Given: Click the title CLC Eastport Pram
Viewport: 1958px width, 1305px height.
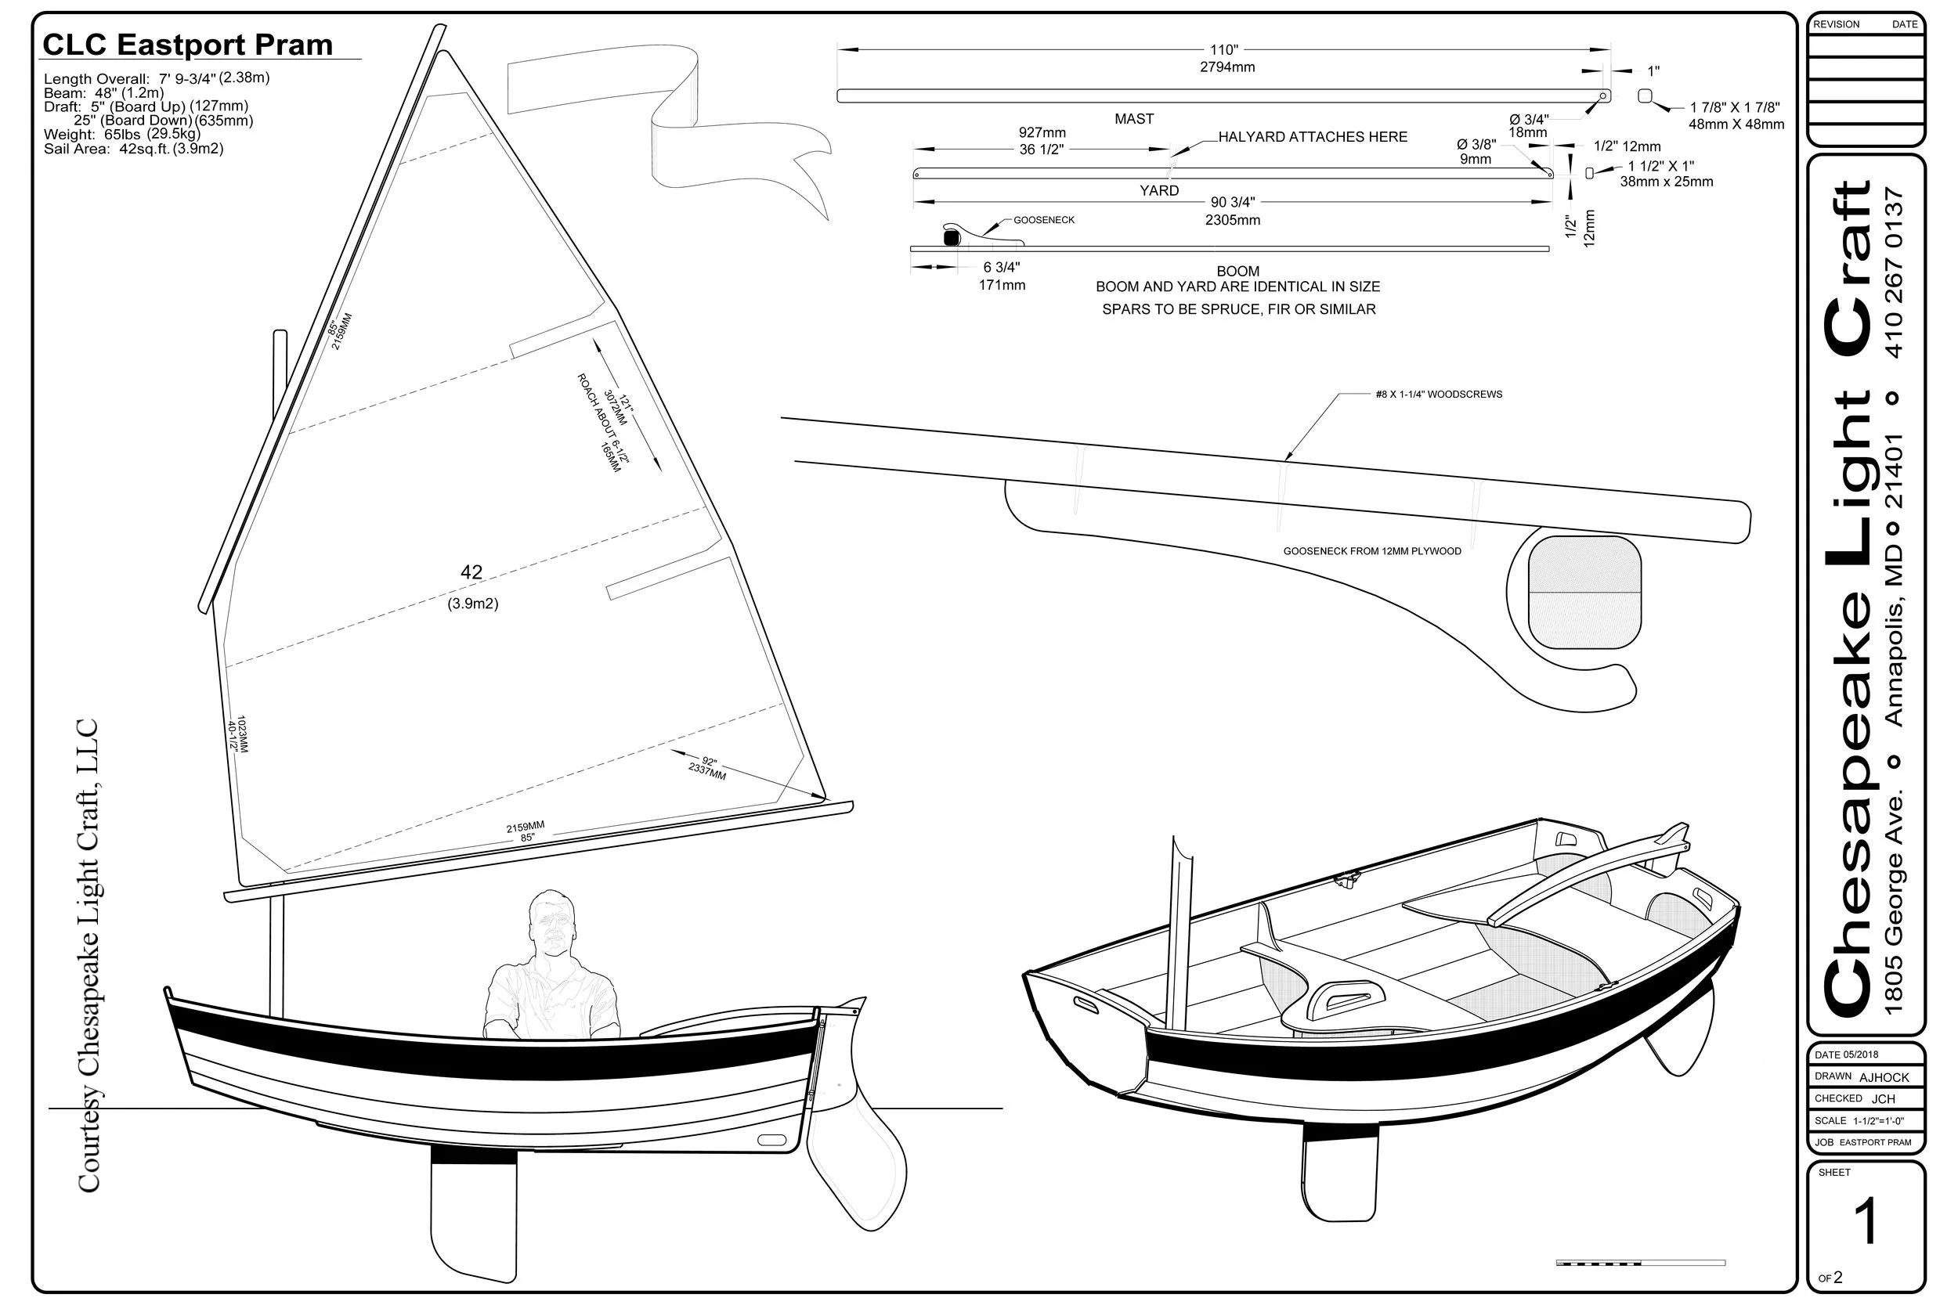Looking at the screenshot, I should coord(187,45).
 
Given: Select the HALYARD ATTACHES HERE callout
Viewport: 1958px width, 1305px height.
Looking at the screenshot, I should coord(1312,137).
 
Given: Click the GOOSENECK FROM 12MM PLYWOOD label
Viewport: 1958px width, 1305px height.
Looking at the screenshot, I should coord(1372,551).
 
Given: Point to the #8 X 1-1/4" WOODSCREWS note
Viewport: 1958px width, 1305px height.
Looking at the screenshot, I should coord(1439,395).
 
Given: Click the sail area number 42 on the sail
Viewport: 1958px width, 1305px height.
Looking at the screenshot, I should coord(471,572).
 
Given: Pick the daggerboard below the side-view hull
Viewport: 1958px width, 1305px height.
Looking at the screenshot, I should coord(473,1215).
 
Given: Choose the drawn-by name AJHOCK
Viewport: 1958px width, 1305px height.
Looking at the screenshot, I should coord(1884,1077).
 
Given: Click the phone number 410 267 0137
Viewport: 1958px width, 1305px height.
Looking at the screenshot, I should coord(1894,273).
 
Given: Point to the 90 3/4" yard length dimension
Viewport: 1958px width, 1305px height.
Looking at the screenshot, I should coord(1232,203).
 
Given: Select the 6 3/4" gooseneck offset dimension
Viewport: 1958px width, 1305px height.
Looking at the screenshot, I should coord(1002,268).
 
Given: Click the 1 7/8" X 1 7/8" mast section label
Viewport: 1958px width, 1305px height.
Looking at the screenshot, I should coord(1735,108).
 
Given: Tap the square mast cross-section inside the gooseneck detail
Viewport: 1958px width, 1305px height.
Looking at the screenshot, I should coord(1584,592).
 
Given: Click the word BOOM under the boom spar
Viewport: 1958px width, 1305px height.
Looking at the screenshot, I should coord(1238,272).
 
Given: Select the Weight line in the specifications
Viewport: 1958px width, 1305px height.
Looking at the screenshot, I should coord(121,135).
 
